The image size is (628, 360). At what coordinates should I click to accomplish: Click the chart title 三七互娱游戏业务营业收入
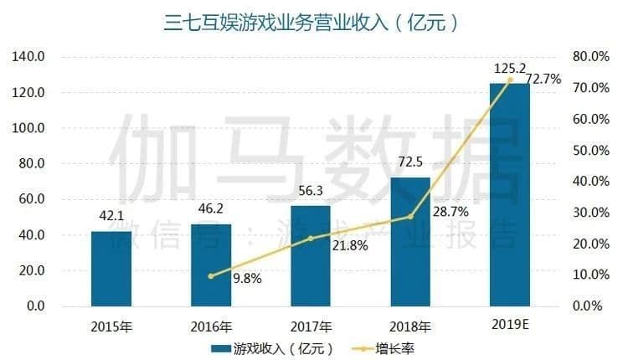coord(312,22)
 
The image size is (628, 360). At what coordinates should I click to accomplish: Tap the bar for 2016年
coord(211,265)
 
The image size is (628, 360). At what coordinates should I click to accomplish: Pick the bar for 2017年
coord(311,255)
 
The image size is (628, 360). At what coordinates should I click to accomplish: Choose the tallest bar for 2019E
coord(509,194)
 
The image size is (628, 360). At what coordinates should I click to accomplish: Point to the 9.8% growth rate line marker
coord(211,275)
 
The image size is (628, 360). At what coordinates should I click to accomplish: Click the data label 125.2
coord(507,67)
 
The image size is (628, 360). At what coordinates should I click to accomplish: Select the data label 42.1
coord(111,216)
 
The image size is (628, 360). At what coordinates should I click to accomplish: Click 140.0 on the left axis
coord(28,57)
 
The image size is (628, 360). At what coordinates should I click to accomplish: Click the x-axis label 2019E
coord(509,324)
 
